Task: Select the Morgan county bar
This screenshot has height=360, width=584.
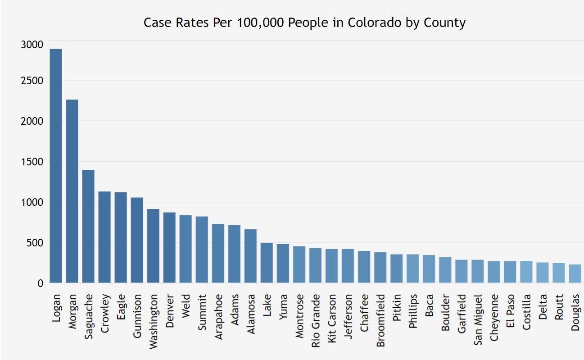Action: coord(72,191)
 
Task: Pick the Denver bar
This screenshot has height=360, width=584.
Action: coord(169,247)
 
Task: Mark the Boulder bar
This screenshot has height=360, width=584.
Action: coord(445,270)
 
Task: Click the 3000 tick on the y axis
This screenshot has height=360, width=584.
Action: coord(32,45)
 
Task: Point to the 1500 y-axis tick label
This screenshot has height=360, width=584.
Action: coord(32,162)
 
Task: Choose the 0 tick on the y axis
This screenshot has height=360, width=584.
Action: coord(40,283)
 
